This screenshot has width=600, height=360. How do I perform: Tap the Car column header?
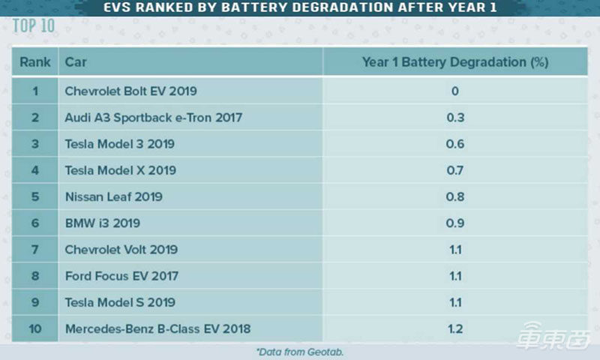(76, 61)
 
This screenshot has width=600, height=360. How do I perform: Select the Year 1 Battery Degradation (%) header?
(454, 61)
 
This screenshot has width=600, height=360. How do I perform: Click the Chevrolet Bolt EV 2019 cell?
(130, 91)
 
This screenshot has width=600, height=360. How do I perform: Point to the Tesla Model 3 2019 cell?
(121, 144)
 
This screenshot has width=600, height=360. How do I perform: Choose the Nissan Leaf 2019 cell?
(113, 196)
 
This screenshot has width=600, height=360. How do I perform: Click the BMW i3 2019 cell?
(102, 223)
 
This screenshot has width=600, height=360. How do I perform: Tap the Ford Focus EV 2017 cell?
(121, 275)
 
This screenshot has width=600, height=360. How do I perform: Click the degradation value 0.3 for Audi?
(454, 118)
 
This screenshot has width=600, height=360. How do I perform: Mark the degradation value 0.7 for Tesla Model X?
(454, 170)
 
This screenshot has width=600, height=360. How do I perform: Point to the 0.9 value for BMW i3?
(454, 223)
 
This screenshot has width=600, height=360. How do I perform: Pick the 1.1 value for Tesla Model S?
(454, 302)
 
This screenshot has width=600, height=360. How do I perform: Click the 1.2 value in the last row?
(454, 328)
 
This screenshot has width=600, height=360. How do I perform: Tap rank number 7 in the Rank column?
(34, 249)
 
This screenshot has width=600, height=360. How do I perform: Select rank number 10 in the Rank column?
(34, 328)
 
